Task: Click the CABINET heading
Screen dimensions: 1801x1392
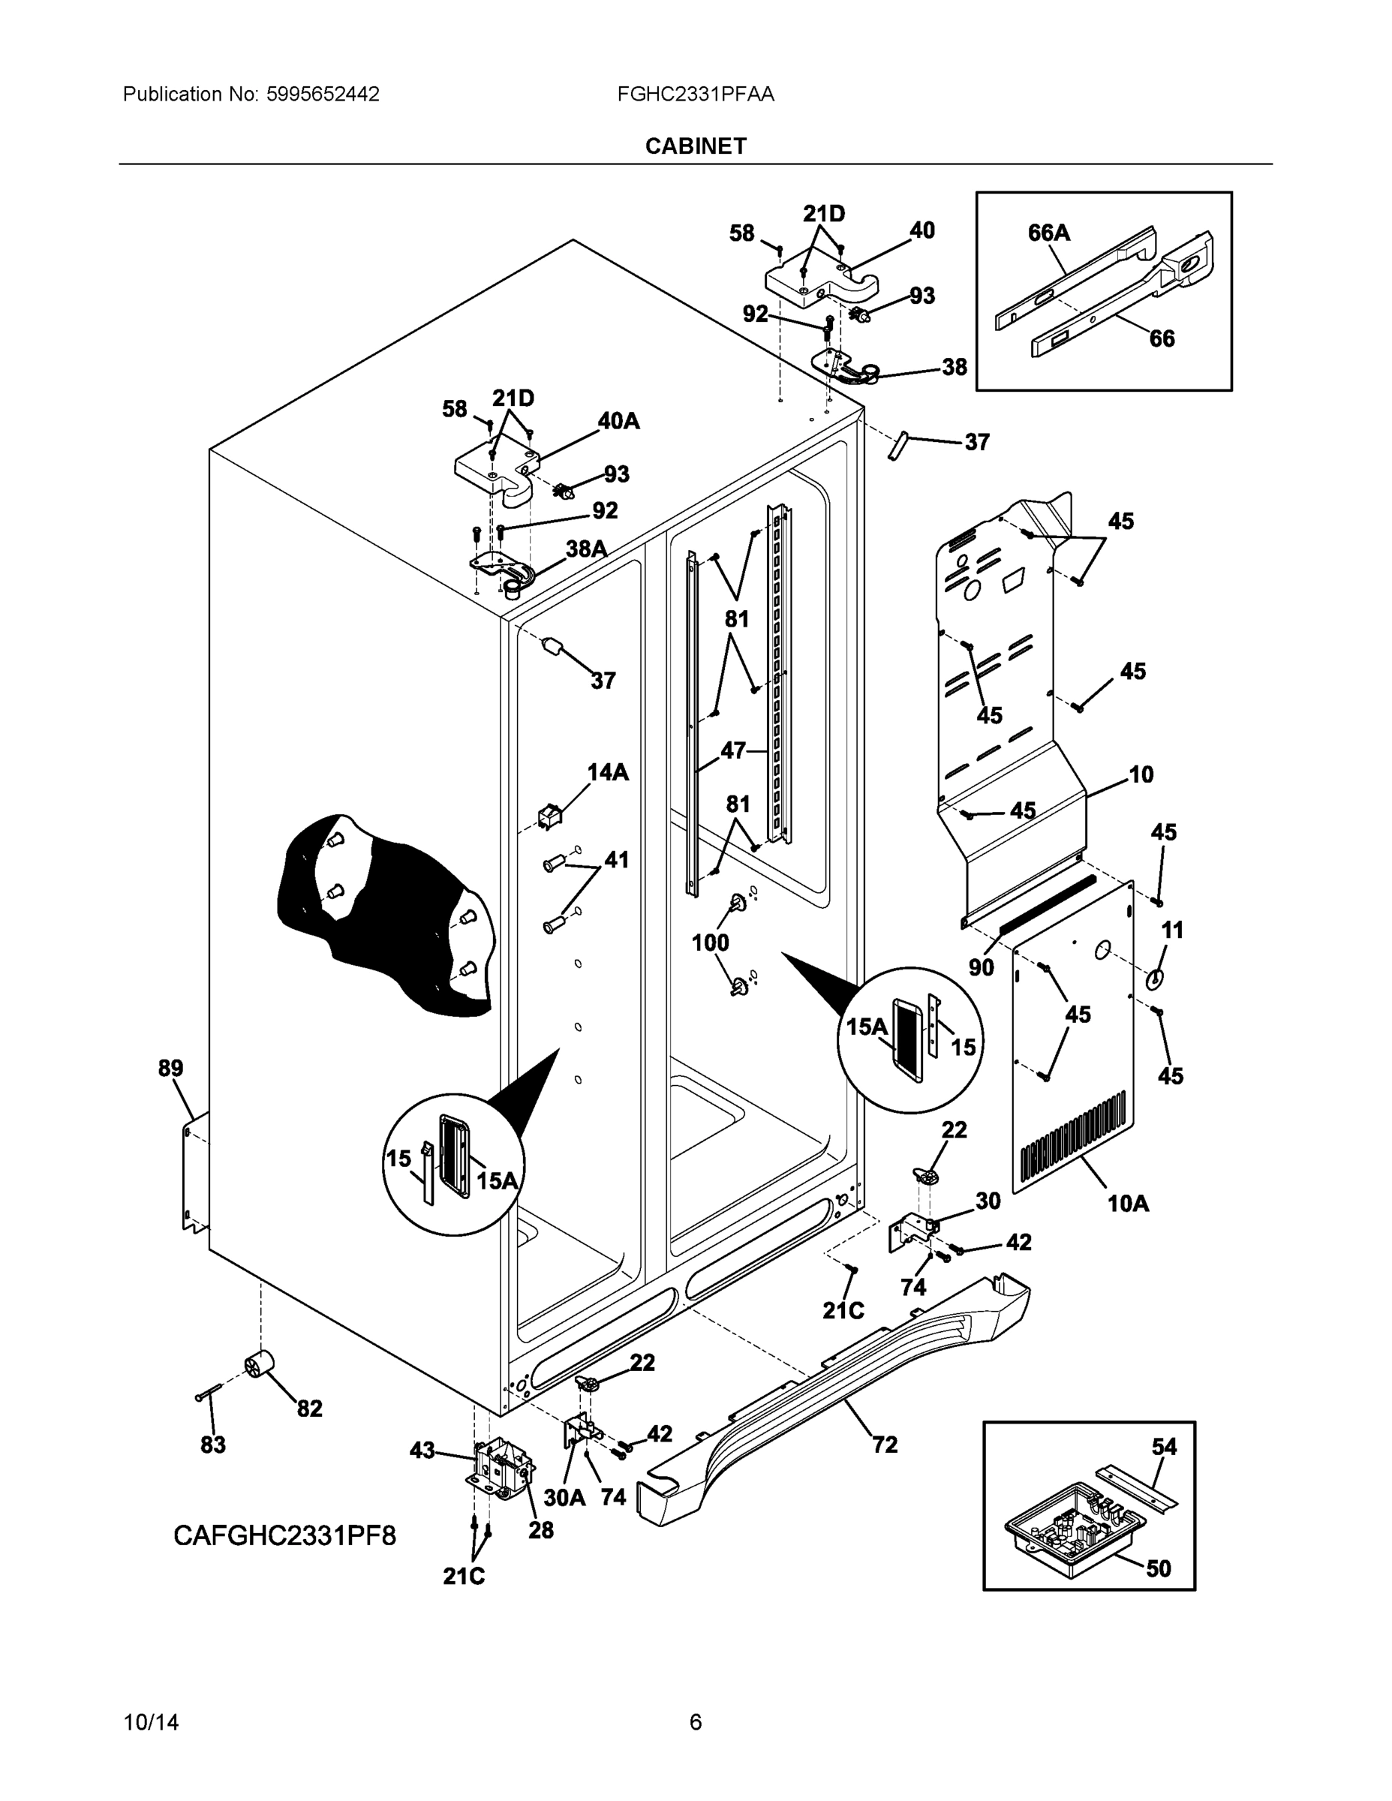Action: pos(695,146)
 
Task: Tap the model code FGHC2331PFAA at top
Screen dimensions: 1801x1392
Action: pos(695,94)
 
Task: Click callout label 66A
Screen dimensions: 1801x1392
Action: pos(1048,233)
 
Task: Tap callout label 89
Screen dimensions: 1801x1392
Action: pos(170,1069)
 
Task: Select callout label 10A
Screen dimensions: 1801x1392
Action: pos(1128,1226)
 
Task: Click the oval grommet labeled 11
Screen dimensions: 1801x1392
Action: pos(1156,978)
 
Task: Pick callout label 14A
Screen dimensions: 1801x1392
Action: pos(608,772)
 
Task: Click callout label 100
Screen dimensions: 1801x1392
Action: pos(710,942)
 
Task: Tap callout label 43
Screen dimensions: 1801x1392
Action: pos(422,1450)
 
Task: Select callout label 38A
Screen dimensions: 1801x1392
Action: pos(586,549)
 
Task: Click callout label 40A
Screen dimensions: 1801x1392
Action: pos(618,422)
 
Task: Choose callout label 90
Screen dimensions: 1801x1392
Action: pos(982,967)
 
